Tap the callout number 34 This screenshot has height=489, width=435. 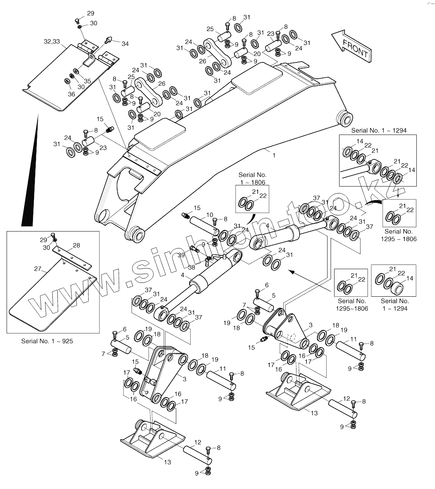tap(125, 44)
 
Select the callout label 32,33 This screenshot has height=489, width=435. tap(52, 41)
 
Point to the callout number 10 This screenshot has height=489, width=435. tap(210, 215)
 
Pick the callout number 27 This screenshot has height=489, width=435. tap(37, 269)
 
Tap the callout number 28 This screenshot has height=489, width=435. tap(76, 245)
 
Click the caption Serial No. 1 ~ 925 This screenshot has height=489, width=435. tap(47, 341)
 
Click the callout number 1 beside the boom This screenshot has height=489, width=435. tap(274, 155)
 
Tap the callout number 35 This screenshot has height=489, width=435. tap(88, 81)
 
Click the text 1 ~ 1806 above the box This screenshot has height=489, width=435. tap(252, 182)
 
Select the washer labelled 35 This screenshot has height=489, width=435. tap(76, 71)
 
